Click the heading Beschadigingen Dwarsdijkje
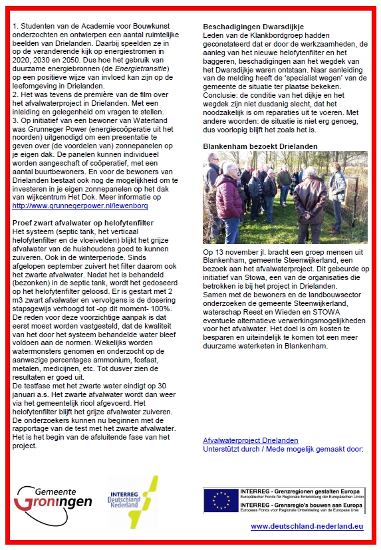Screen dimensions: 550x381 coord(249,27)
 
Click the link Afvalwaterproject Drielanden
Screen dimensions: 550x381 coord(251,440)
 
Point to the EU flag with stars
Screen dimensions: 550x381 coord(219,500)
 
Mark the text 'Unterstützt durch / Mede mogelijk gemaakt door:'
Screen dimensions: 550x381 coord(283,449)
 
